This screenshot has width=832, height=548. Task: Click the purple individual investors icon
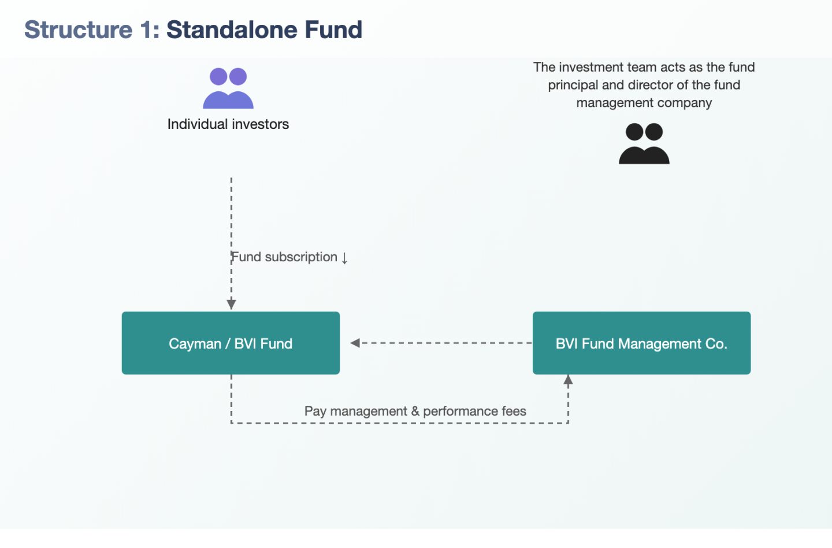coord(228,88)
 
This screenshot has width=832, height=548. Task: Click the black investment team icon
coord(644,143)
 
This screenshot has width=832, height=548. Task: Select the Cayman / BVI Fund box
coord(231,343)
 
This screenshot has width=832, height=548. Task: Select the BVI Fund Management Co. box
coord(641,343)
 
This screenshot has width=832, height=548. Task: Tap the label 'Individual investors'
coord(228,124)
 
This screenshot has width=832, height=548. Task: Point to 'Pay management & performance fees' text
coord(415,411)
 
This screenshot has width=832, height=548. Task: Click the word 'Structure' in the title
coord(79,29)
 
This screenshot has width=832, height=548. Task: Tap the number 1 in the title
coord(146,29)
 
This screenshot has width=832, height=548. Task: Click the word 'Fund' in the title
coord(333,29)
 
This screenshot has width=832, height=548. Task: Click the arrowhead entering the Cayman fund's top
coord(231,305)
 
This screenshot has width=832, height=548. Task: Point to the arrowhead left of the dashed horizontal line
coord(355,343)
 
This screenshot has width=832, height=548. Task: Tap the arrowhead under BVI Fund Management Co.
coord(568,380)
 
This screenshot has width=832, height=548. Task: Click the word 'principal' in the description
coord(573,85)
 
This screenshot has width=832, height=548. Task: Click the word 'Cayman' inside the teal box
coord(195,344)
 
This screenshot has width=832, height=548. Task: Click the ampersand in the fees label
coord(415,411)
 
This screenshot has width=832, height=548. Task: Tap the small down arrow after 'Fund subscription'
coord(344,257)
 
